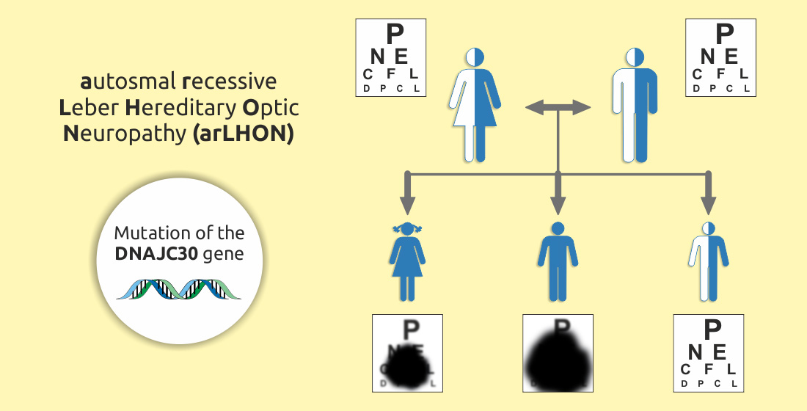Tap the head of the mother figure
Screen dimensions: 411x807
[475, 57]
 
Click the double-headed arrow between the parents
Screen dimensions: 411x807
[558, 108]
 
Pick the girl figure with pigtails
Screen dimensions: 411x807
[407, 261]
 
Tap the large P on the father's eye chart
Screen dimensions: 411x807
[725, 34]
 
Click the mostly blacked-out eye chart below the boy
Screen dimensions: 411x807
[558, 352]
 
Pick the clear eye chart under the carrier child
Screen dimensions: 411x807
[709, 352]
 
